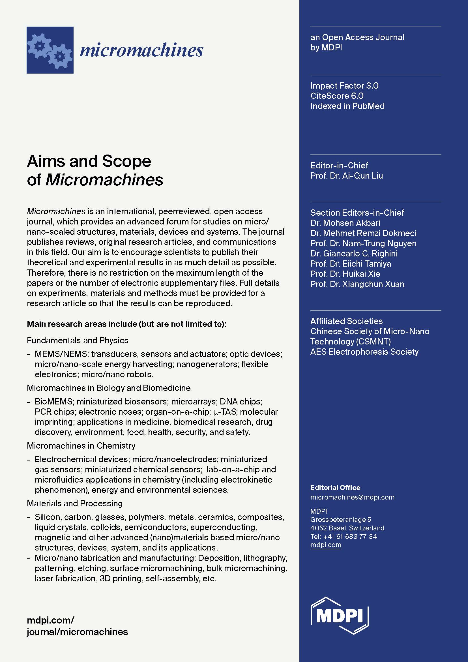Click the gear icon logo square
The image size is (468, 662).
[50, 50]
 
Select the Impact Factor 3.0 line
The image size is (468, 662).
[344, 86]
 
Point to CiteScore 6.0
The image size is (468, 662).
[337, 96]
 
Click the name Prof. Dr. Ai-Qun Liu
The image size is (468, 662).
[346, 175]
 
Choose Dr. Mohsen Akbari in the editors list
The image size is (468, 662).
[345, 223]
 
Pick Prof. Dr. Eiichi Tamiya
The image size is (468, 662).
[350, 263]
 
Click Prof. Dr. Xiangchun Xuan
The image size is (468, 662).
[357, 284]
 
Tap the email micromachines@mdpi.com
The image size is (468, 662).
[352, 497]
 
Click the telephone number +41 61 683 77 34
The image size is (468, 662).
[344, 537]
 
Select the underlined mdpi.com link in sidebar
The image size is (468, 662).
[326, 545]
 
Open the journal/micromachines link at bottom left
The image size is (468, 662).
[77, 632]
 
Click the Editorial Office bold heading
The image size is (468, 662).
[335, 488]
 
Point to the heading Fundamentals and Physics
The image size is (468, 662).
[78, 340]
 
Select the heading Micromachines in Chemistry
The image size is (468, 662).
[81, 445]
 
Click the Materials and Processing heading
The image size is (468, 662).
[75, 503]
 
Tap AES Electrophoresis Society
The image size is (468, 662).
[364, 352]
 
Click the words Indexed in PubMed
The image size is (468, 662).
[347, 106]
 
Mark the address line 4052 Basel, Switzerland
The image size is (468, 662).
[347, 528]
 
